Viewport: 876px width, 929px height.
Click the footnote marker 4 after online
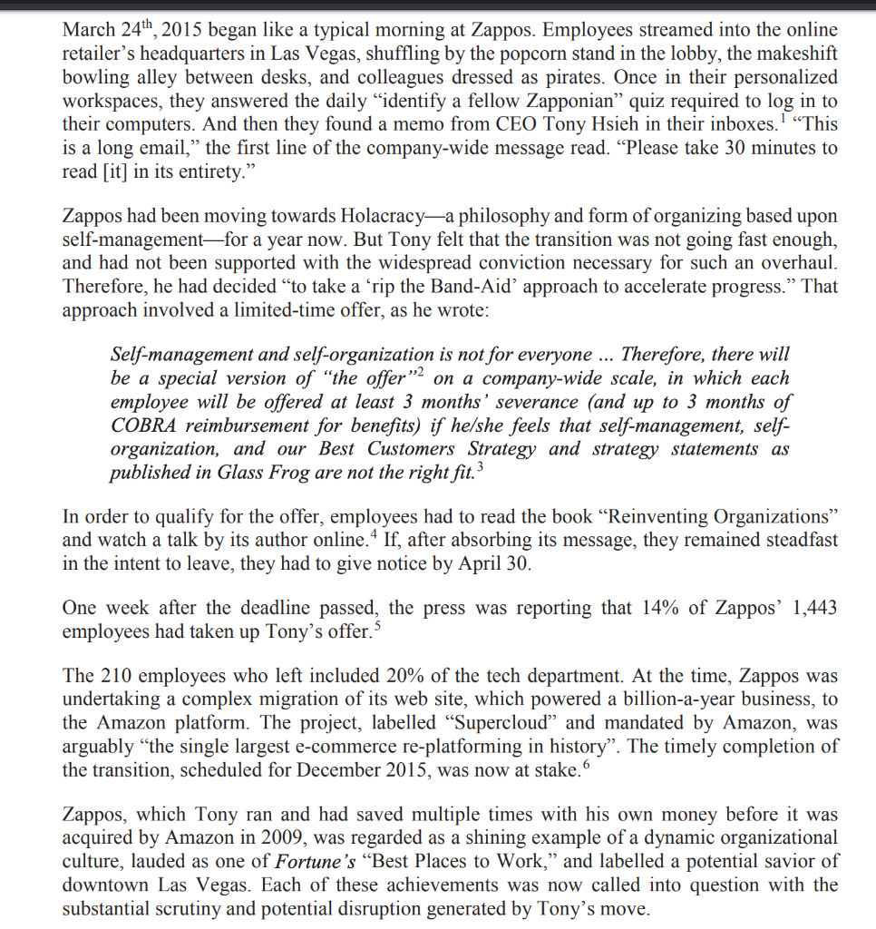[375, 535]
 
